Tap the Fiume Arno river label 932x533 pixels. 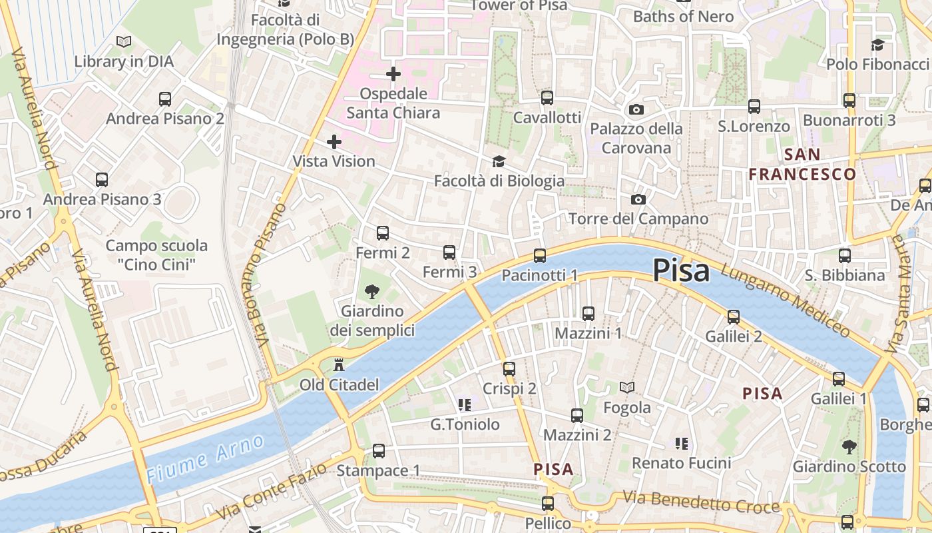point(205,458)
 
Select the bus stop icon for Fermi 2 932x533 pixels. point(382,233)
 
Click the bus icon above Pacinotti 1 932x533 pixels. point(539,256)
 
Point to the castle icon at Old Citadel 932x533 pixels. point(339,364)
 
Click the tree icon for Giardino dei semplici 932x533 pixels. point(372,291)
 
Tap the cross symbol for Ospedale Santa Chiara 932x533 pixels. point(393,74)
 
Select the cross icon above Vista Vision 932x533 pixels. point(334,141)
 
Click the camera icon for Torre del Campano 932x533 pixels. point(638,199)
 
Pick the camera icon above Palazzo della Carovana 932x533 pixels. point(636,109)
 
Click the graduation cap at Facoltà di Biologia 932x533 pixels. point(499,161)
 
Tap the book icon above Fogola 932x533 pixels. point(626,387)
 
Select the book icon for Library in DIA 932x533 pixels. point(124,41)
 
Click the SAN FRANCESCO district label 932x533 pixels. point(802,165)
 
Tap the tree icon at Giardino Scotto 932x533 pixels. point(849,446)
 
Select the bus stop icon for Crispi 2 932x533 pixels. point(509,368)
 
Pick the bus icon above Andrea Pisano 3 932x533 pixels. point(102,180)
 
